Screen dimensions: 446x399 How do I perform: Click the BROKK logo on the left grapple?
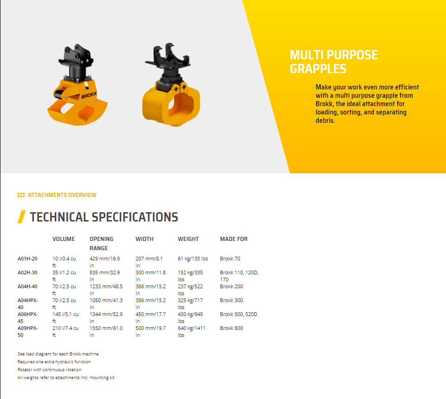(89, 95)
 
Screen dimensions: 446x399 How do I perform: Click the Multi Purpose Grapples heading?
(334, 62)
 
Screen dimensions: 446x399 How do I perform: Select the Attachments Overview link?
(62, 195)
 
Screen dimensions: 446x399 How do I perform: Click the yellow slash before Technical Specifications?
(22, 217)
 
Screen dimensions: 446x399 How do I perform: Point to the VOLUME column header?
(64, 239)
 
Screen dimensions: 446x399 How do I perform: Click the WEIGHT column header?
(188, 239)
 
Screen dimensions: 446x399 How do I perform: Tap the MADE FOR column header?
(234, 239)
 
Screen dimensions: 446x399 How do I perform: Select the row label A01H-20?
(27, 259)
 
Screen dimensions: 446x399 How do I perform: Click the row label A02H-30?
(27, 272)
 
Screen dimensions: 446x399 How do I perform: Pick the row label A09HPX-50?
(27, 331)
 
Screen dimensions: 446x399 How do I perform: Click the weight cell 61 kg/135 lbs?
(193, 259)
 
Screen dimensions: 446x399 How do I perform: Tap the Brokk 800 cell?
(232, 328)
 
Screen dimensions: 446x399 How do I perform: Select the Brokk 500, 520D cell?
(239, 314)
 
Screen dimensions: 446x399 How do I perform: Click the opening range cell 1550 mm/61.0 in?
(106, 331)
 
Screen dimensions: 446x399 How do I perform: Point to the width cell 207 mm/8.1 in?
(149, 262)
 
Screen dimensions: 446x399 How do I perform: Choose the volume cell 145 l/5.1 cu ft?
(65, 317)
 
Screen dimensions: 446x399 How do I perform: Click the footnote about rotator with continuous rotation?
(50, 369)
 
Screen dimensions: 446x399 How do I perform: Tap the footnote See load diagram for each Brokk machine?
(58, 354)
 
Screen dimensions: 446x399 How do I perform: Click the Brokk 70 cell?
(230, 259)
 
